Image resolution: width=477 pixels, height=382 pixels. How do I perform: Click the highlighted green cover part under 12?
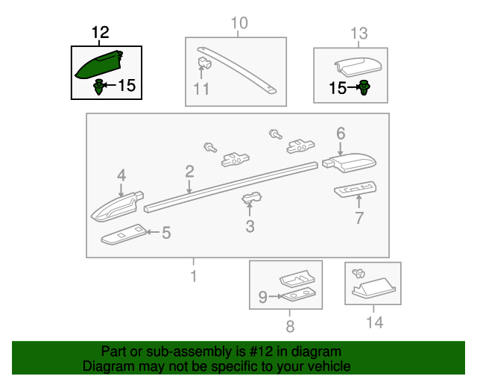(x=99, y=66)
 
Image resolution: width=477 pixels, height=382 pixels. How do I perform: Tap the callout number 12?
(x=100, y=32)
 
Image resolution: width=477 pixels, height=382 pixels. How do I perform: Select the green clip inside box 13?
(x=364, y=87)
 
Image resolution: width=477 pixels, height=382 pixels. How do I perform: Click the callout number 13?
(x=359, y=34)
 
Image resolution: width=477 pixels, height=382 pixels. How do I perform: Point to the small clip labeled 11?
(x=204, y=62)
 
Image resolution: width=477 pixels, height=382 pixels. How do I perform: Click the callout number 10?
(x=239, y=23)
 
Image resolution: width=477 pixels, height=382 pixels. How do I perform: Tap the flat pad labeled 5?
(x=124, y=234)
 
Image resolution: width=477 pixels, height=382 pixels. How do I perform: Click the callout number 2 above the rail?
(x=189, y=172)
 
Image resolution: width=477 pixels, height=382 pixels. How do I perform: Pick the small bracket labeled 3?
(x=252, y=198)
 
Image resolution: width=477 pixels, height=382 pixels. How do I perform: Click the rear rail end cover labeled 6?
(x=350, y=162)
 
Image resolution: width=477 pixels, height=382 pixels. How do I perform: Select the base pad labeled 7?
(x=355, y=190)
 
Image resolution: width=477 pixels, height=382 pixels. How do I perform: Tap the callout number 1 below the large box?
(x=194, y=276)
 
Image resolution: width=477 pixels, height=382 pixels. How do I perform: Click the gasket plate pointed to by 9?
(x=299, y=295)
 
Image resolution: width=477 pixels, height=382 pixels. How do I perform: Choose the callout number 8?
(x=290, y=326)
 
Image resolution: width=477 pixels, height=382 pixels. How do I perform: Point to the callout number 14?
(x=374, y=322)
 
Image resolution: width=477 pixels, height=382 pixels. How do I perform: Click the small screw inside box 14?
(x=358, y=273)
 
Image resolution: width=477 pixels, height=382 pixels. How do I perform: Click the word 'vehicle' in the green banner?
(x=330, y=366)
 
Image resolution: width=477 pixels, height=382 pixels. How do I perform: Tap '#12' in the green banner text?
(x=261, y=351)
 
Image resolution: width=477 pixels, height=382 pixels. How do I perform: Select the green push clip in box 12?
(x=98, y=87)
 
